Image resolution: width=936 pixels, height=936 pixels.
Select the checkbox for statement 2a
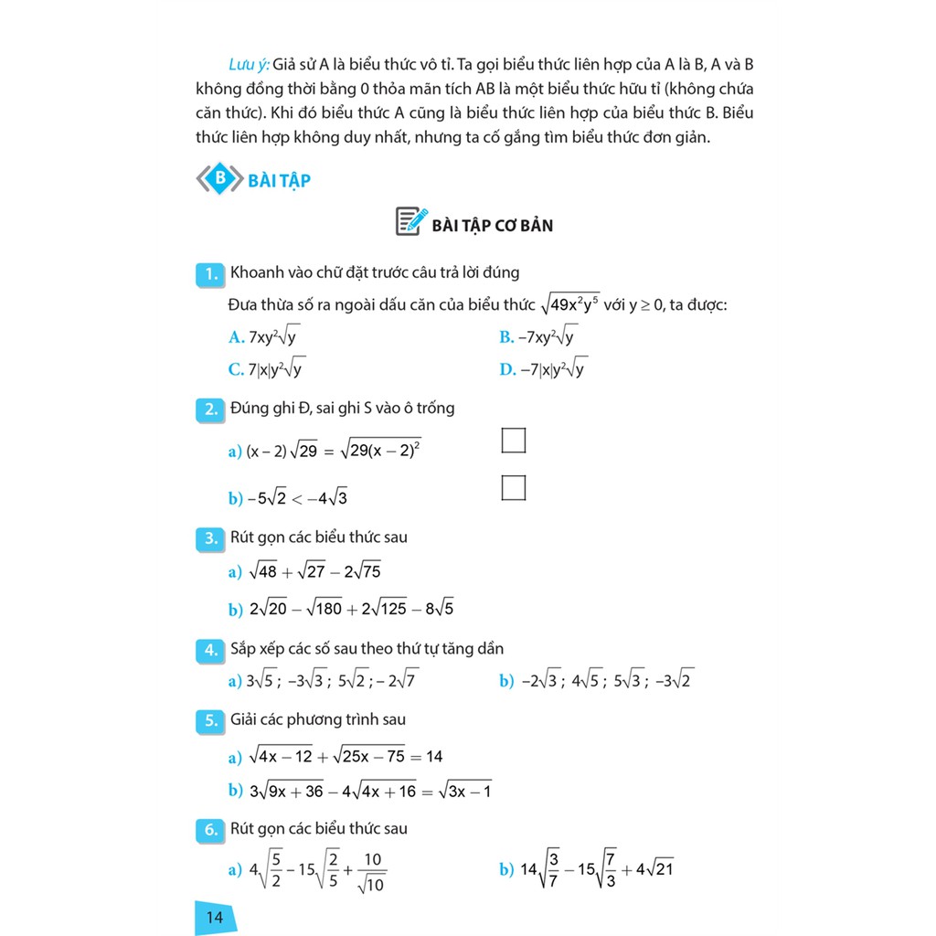tap(514, 441)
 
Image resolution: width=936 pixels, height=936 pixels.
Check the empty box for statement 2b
tap(514, 488)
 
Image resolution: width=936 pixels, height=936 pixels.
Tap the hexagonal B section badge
tap(219, 178)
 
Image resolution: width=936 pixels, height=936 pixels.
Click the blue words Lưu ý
tap(248, 66)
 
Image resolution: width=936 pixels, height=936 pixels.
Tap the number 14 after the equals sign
tap(434, 757)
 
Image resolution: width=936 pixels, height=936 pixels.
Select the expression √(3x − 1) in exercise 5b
tap(465, 792)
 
